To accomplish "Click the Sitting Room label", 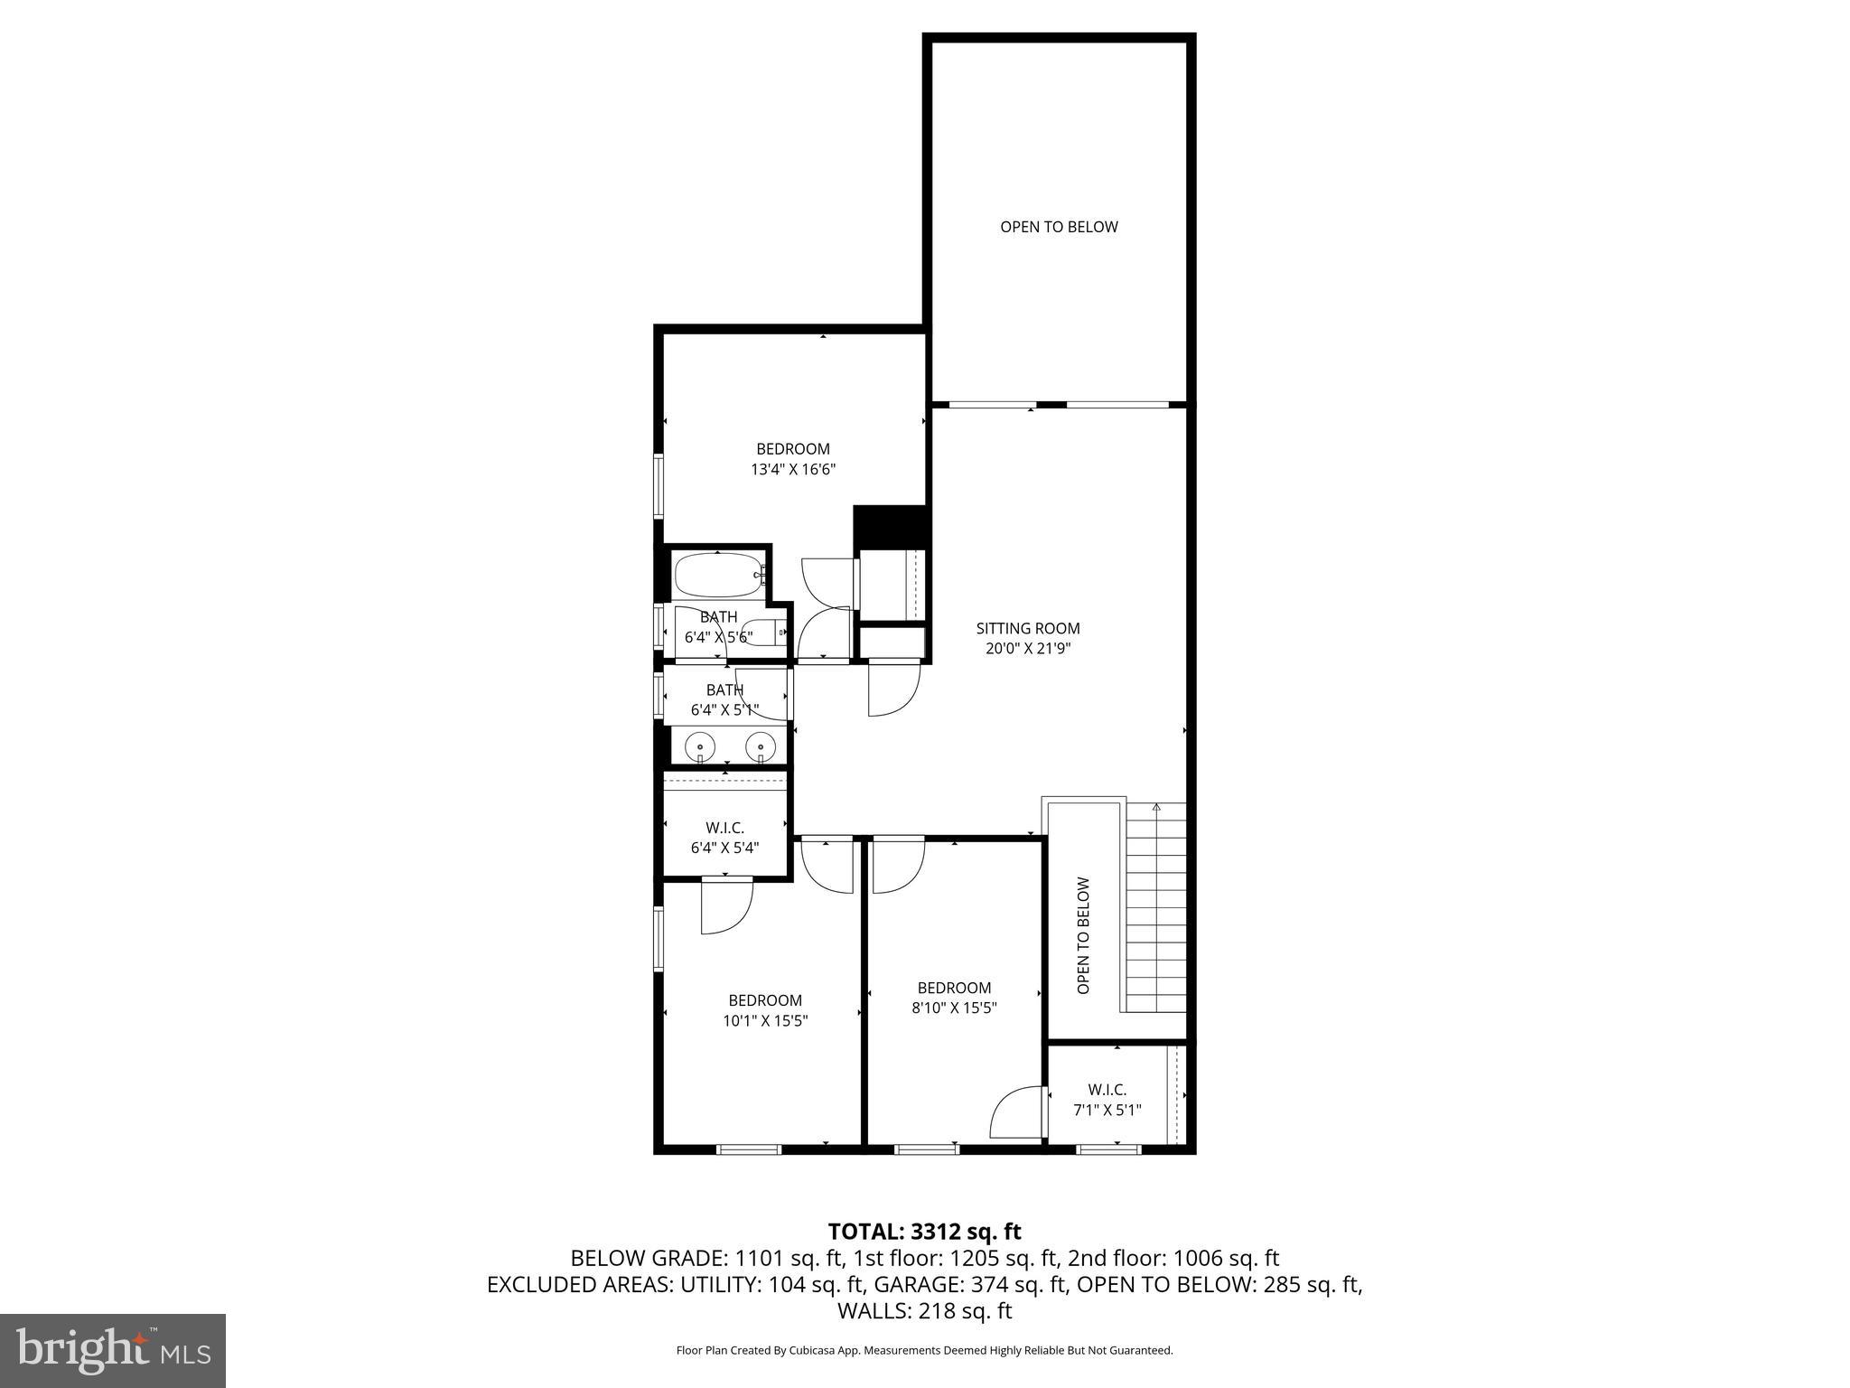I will coord(1027,628).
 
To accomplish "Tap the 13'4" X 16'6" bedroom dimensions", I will coord(792,470).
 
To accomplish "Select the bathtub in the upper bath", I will coord(718,575).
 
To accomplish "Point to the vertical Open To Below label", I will coord(1083,935).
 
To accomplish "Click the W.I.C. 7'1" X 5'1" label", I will coord(1107,1100).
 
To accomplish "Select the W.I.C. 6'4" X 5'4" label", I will coord(724,838).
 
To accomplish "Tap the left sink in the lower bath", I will coord(700,747).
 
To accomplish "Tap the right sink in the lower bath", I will coord(761,747).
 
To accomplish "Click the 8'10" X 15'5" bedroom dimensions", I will coord(954,1008).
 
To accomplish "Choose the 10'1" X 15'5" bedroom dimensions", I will coord(765,1021).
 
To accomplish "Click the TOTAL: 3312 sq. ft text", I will coord(924,1231).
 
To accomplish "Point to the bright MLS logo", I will coord(113,1350).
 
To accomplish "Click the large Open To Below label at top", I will coord(1059,227).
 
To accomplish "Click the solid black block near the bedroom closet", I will coord(891,526).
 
